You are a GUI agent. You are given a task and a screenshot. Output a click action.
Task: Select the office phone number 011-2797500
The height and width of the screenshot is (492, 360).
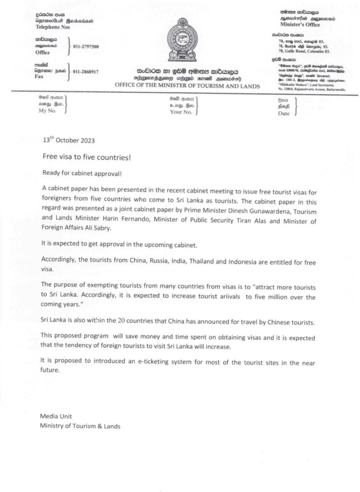pyautogui.click(x=87, y=47)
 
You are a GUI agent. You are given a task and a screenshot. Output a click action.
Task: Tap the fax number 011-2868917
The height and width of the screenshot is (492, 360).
pyautogui.click(x=87, y=72)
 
